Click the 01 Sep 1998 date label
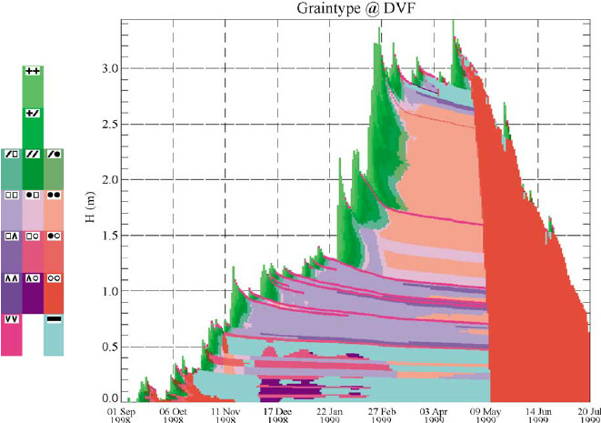[x=125, y=415]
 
